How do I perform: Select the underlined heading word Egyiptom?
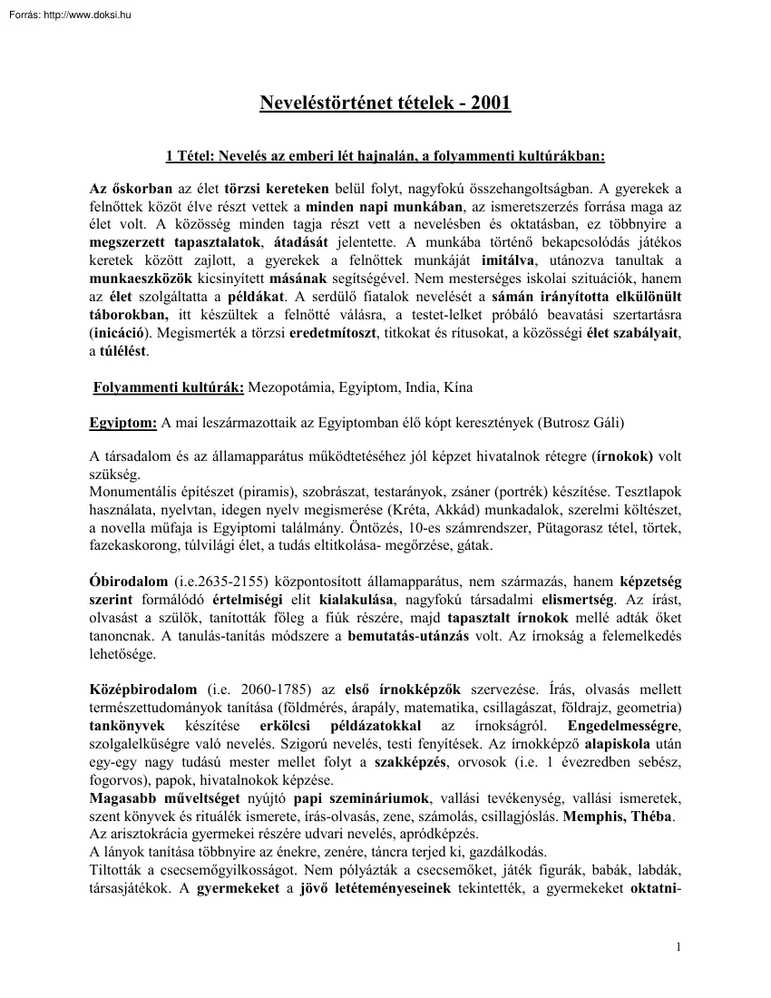coord(123,422)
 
